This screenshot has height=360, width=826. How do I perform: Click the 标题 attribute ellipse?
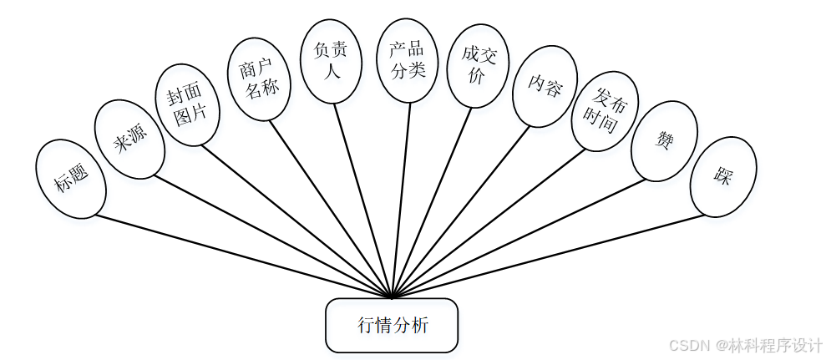pos(71,180)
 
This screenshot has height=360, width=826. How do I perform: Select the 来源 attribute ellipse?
pos(129,139)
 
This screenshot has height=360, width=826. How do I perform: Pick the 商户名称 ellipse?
pos(258,79)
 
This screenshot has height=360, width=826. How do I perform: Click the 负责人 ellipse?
pos(331,61)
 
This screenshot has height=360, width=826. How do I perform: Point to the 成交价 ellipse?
pos(478,65)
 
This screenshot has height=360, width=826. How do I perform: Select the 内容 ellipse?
pos(545,86)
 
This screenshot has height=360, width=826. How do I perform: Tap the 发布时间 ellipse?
pos(605,111)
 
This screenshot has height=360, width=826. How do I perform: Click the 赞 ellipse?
pos(664,140)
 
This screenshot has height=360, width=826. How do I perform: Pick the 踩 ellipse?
pos(723,176)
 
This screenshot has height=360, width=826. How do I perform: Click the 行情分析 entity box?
pos(392,325)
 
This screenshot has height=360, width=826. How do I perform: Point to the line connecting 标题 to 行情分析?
pos(242,256)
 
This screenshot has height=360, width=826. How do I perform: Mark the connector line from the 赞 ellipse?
pos(518,238)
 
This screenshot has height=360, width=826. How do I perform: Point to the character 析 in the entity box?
pos(421,325)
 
